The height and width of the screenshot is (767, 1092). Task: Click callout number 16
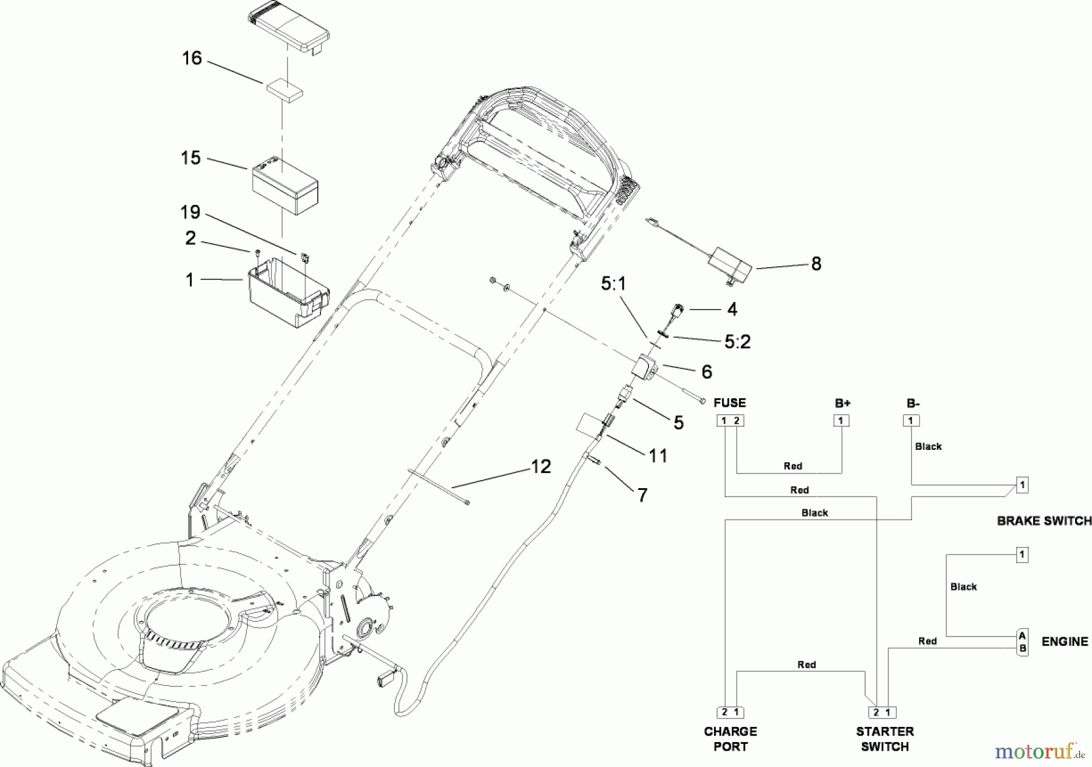(x=192, y=58)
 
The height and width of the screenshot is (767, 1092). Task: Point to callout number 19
(x=190, y=212)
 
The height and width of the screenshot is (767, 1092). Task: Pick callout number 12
(x=541, y=466)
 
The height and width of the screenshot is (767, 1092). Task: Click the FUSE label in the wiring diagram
(x=730, y=403)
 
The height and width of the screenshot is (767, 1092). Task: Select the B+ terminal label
(x=842, y=403)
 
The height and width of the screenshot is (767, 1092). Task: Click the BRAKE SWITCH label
(x=1044, y=521)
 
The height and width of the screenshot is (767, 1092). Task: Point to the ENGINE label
(x=1065, y=641)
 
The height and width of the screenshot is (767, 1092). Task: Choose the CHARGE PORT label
(x=730, y=739)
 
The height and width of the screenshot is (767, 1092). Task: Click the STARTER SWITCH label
(x=885, y=739)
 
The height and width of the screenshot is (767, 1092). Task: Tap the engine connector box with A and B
(x=1022, y=642)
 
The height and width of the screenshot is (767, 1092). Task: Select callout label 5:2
(x=737, y=342)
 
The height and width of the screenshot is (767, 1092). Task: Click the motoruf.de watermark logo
(x=1039, y=752)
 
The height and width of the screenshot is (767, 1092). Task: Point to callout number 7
(x=642, y=495)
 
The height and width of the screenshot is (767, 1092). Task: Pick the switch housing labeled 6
(x=644, y=368)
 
